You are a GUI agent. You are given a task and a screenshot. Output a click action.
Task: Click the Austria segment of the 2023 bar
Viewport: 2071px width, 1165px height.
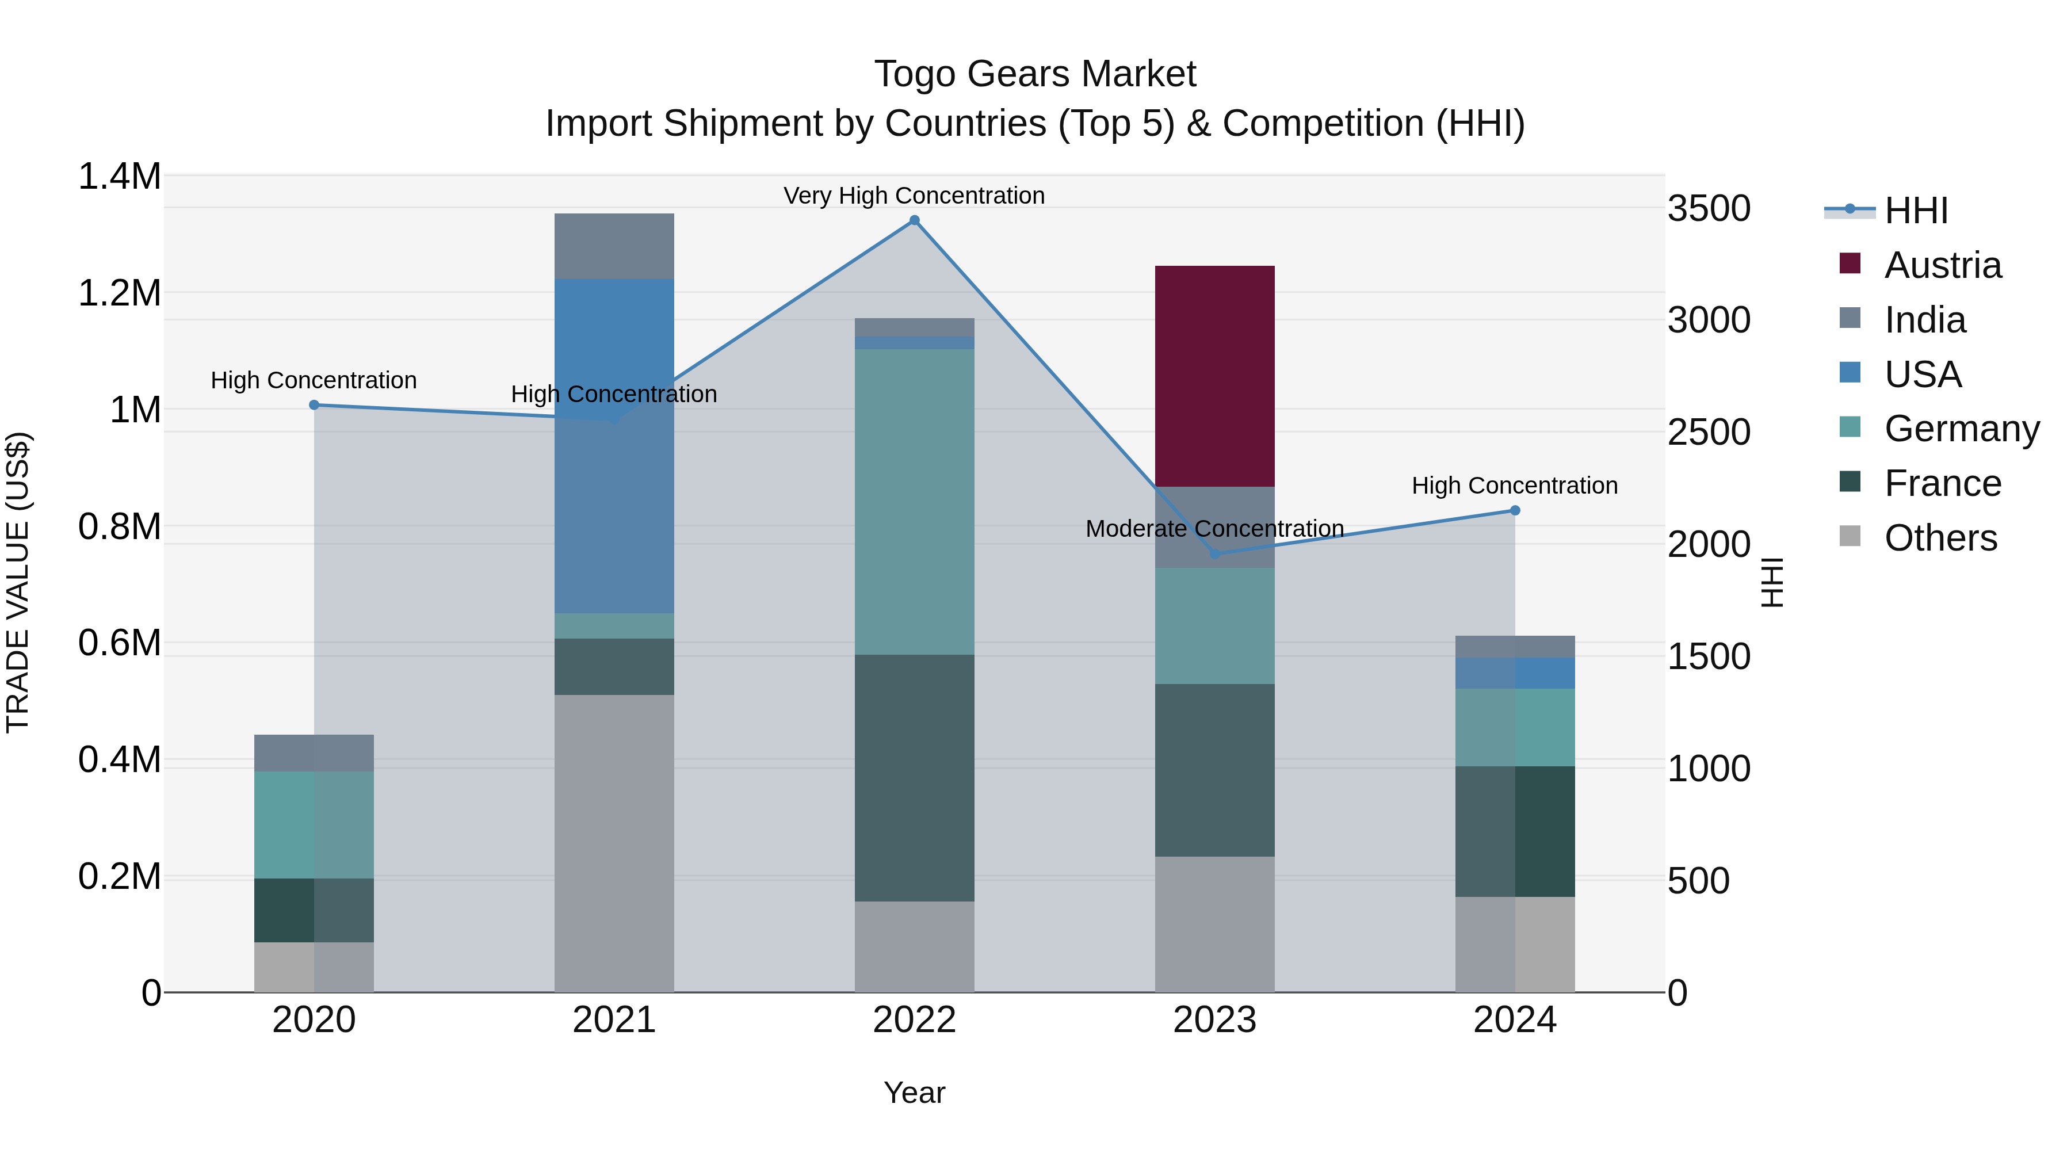[1214, 376]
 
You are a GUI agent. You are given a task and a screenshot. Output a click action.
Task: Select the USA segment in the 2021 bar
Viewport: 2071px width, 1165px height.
[614, 446]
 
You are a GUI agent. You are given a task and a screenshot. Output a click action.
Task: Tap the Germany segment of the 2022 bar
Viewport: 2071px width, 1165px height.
[914, 502]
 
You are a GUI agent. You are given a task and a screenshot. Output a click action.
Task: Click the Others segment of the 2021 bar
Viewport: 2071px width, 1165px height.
[614, 843]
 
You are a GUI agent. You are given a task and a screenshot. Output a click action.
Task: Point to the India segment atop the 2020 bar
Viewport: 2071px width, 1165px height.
[314, 753]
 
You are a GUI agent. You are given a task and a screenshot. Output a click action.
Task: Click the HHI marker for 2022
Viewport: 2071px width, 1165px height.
[914, 220]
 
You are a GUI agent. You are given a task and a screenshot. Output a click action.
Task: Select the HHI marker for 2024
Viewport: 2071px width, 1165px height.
[1515, 510]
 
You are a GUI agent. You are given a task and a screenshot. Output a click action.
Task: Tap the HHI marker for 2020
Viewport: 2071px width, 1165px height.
[314, 405]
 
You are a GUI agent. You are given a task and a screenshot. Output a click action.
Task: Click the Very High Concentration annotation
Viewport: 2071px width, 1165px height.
[914, 196]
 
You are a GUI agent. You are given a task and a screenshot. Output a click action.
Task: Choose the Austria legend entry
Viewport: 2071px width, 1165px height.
[1942, 265]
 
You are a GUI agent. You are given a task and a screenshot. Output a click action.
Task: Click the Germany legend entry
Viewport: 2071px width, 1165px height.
[1961, 429]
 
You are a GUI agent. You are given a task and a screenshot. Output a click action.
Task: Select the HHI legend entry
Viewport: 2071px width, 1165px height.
[1915, 211]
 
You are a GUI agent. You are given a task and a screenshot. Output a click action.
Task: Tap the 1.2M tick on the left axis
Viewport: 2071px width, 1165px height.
[120, 293]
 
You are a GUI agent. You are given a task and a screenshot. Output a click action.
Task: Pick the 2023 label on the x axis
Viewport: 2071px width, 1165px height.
[1214, 1020]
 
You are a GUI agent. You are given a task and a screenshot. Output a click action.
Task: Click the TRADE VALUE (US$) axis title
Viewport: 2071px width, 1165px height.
[18, 583]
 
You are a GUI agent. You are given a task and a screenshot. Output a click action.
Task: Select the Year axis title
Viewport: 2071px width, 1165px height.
[914, 1093]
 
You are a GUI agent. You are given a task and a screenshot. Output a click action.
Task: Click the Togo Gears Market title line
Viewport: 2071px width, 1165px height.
[1035, 74]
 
